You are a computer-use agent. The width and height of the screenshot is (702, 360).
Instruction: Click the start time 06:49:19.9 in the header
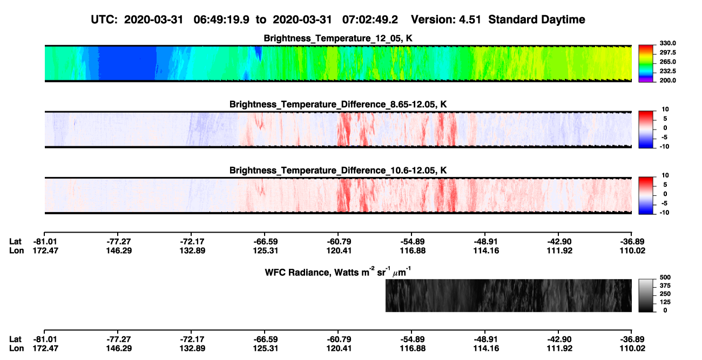pyautogui.click(x=221, y=20)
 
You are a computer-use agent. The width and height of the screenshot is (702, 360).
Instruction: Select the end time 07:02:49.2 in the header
pyautogui.click(x=370, y=20)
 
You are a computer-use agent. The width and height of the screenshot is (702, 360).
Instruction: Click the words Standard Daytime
pyautogui.click(x=537, y=20)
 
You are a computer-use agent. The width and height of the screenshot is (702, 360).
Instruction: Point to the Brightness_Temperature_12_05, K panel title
pyautogui.click(x=338, y=38)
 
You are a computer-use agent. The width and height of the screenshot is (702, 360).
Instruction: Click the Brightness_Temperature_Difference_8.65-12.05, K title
pyautogui.click(x=338, y=104)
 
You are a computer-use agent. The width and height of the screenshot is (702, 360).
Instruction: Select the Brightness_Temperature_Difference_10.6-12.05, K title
pyautogui.click(x=338, y=171)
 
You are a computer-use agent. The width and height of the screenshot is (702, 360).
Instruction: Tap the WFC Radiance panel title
pyautogui.click(x=338, y=272)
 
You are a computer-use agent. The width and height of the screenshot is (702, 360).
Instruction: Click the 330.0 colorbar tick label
pyautogui.click(x=668, y=43)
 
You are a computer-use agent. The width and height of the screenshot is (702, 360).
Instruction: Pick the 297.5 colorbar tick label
pyautogui.click(x=668, y=52)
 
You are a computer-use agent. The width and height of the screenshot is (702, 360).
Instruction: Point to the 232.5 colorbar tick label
pyautogui.click(x=668, y=71)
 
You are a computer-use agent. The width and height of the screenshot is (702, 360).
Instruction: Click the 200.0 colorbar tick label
pyautogui.click(x=668, y=80)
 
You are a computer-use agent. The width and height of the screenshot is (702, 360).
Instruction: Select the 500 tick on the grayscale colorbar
pyautogui.click(x=665, y=277)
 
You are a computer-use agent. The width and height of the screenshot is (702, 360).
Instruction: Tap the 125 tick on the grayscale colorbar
pyautogui.click(x=665, y=302)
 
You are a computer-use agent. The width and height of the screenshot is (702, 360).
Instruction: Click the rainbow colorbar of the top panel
pyautogui.click(x=646, y=64)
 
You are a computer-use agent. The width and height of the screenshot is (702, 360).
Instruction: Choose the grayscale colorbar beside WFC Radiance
pyautogui.click(x=646, y=295)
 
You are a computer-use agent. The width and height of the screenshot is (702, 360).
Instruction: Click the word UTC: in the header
pyautogui.click(x=104, y=20)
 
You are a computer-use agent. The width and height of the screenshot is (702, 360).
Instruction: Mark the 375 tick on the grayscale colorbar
pyautogui.click(x=665, y=286)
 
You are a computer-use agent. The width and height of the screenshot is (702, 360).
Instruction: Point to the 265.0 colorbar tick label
pyautogui.click(x=668, y=62)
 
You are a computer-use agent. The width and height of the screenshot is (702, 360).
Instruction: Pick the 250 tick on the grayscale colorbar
pyautogui.click(x=665, y=294)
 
